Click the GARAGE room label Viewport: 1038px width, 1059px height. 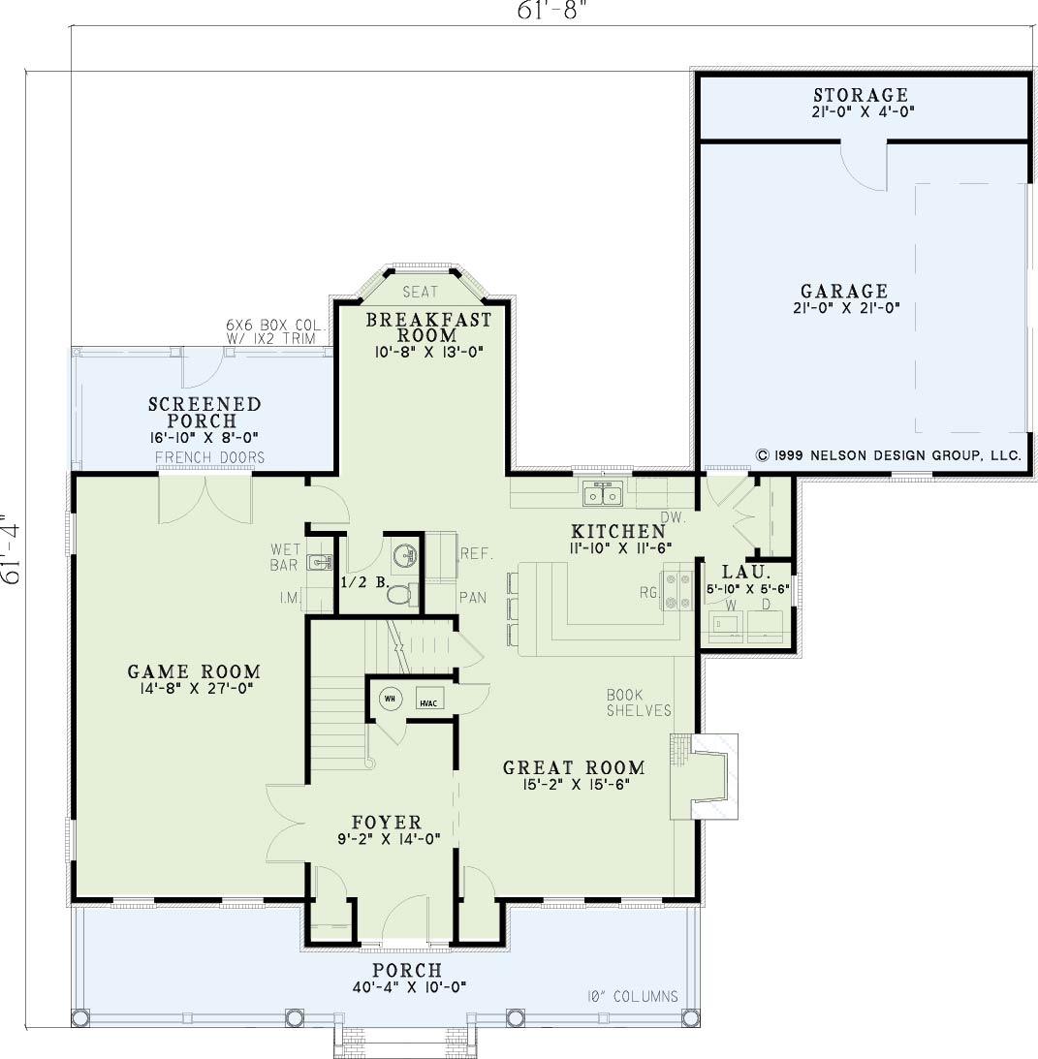click(x=844, y=291)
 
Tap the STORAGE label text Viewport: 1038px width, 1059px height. click(x=861, y=95)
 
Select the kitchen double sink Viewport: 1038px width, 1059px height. click(x=604, y=494)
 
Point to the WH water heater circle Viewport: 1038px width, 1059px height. click(x=390, y=699)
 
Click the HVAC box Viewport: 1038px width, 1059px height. click(x=428, y=699)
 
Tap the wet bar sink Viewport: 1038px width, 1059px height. click(x=320, y=561)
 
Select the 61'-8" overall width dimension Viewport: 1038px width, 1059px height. click(x=549, y=10)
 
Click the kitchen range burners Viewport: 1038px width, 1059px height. click(x=677, y=590)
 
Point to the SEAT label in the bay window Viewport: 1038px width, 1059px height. click(x=421, y=292)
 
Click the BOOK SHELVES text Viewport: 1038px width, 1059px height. click(x=639, y=702)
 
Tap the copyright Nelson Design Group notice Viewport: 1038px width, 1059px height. click(x=889, y=455)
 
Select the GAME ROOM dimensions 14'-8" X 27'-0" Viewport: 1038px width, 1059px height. click(x=195, y=689)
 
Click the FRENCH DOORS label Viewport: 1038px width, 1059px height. click(x=210, y=457)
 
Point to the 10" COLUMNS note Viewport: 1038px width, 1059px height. click(x=633, y=996)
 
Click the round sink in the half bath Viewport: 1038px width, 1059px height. click(x=405, y=556)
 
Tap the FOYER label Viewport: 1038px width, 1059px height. click(x=387, y=822)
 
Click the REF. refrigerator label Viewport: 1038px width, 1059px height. click(x=477, y=554)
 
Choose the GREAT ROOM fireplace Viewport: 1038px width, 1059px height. click(x=705, y=776)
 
